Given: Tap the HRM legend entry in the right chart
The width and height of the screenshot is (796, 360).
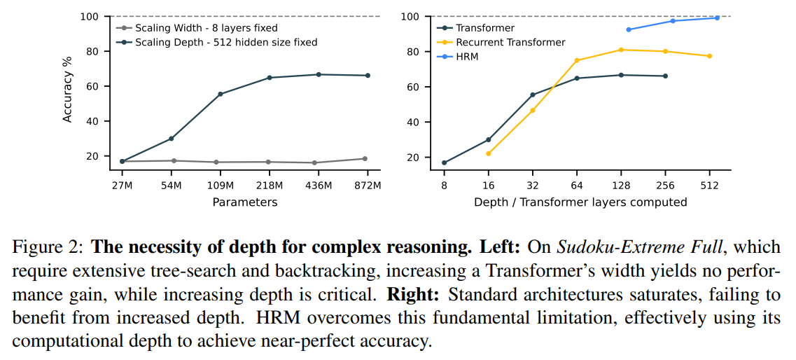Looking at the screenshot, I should (467, 56).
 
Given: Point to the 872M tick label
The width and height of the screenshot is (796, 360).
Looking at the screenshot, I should (368, 185).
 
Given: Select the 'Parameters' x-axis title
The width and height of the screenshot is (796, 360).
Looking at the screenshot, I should (245, 202).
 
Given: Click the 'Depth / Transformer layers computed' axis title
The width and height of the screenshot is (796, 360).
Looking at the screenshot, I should (580, 202).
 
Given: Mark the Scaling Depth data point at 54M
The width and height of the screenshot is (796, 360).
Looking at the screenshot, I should (171, 139).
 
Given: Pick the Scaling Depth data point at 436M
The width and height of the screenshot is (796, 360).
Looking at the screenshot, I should (319, 74).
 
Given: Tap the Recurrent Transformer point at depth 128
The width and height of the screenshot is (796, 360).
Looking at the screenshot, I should (621, 50).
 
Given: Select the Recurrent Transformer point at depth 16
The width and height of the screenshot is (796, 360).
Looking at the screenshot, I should (488, 153).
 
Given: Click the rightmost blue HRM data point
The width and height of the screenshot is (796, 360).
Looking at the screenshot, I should (717, 18).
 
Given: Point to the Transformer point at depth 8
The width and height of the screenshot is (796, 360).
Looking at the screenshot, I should (444, 162).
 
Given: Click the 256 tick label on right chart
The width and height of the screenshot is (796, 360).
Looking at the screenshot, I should (665, 185).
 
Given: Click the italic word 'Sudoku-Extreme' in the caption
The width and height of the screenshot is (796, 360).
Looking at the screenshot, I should (603, 247).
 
